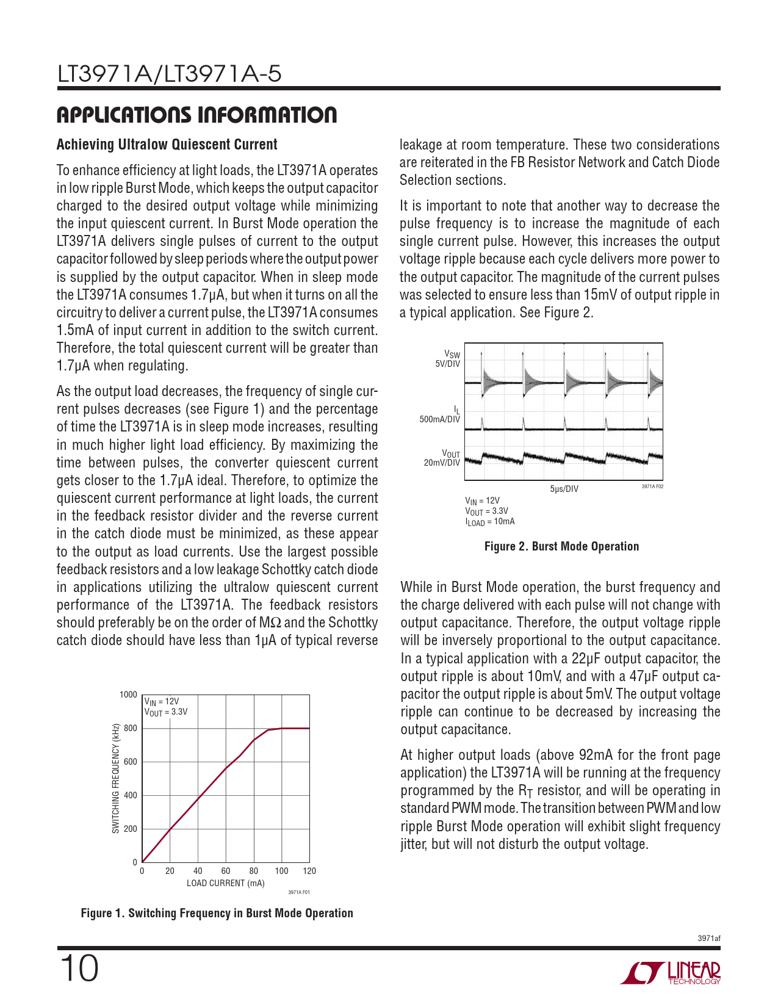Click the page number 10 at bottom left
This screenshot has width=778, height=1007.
click(x=79, y=969)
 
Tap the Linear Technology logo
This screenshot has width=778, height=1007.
click(x=671, y=973)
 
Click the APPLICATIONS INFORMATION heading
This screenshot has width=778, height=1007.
click(x=196, y=115)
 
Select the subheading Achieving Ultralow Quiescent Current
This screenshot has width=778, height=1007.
click(x=167, y=145)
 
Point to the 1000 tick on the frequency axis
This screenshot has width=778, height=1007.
click(x=128, y=695)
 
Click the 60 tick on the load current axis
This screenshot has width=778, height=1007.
click(x=226, y=871)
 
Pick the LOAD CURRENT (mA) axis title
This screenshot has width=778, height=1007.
click(x=225, y=883)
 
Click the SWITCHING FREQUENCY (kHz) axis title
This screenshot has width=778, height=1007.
click(x=115, y=778)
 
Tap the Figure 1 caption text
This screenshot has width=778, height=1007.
click(x=217, y=913)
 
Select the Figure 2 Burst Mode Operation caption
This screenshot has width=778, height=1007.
click(x=561, y=546)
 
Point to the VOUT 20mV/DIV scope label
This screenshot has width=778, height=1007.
click(x=442, y=458)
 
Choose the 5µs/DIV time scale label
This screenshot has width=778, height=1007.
click(x=564, y=489)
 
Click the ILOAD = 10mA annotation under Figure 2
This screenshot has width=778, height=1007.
click(x=490, y=522)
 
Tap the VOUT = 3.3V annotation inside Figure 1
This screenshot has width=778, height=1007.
click(x=166, y=712)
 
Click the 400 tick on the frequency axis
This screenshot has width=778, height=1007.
click(x=131, y=795)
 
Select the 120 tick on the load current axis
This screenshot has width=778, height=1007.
click(x=309, y=871)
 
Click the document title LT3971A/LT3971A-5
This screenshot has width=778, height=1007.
click(x=170, y=74)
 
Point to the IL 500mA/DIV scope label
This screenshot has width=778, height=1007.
click(x=441, y=415)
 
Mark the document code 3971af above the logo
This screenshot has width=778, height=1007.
click(x=708, y=938)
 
